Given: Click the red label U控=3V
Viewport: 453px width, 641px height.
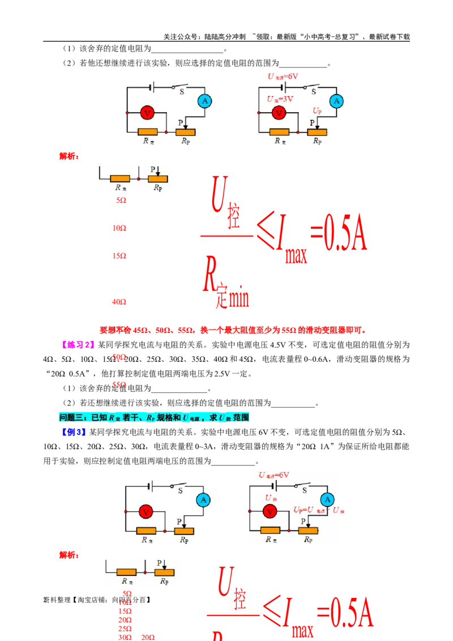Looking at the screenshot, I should [x=280, y=99].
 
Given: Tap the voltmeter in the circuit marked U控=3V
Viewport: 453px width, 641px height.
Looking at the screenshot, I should [x=279, y=113].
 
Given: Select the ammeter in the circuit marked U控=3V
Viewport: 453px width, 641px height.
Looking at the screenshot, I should [x=336, y=101].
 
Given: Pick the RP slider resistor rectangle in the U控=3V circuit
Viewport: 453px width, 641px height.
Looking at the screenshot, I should [x=317, y=132].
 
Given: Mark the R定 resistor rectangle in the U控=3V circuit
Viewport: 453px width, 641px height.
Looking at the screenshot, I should [x=279, y=132].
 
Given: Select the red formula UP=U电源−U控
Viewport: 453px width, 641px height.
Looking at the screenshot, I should [x=319, y=510].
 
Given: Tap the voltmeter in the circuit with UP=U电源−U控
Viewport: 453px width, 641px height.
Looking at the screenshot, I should [x=270, y=512].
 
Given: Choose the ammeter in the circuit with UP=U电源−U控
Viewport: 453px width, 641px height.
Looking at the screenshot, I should [x=327, y=499].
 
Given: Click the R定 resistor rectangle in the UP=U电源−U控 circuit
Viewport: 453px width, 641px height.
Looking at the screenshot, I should [x=270, y=531].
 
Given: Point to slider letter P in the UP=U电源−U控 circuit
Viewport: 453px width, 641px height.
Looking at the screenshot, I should [x=303, y=521].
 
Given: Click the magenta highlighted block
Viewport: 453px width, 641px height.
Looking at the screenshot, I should [x=78, y=344].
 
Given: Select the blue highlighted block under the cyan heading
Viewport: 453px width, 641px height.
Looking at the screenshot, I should [x=73, y=433].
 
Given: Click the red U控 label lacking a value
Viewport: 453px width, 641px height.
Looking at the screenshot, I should [x=270, y=498].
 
